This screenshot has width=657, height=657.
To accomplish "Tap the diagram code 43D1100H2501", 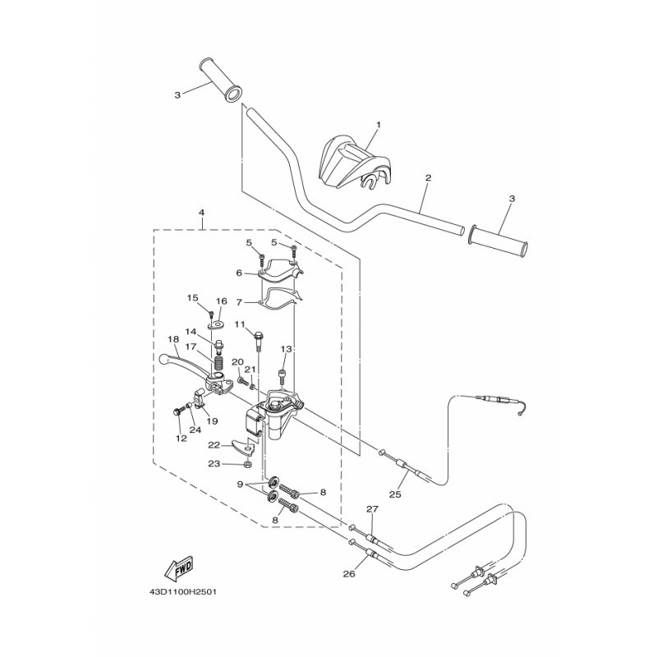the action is tap(184, 592).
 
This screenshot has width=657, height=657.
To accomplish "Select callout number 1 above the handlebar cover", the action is tap(379, 125).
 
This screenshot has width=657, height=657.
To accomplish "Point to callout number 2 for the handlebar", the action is tap(428, 177).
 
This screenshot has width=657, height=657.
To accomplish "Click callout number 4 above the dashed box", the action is tap(201, 213).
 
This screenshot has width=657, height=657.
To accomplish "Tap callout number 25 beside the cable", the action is tap(395, 494).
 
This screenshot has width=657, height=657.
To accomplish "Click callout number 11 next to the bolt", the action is tap(240, 324).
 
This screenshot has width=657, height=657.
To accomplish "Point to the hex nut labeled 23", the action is tap(248, 464).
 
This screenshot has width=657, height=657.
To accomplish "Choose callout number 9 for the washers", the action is tap(240, 485).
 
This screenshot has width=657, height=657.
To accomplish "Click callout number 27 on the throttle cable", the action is tap(372, 509).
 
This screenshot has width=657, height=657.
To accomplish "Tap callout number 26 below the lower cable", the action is tap(349, 573).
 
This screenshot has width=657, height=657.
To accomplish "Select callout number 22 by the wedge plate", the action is tap(214, 445).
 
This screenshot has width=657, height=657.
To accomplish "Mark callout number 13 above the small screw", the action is tap(286, 349).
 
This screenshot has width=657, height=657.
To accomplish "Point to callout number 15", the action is tap(192, 298).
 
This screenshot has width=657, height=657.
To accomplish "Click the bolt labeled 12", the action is tap(177, 411).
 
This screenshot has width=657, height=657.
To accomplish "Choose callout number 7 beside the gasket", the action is tap(239, 302).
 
